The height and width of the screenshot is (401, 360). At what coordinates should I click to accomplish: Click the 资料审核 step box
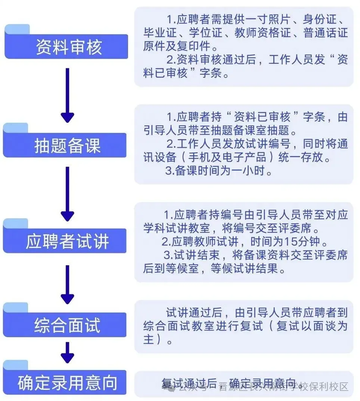pos(67,47)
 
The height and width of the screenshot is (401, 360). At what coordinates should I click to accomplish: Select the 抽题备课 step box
pos(67,145)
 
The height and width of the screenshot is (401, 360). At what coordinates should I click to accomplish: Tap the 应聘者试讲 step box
pos(67,242)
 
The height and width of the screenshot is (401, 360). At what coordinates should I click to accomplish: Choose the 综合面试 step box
pos(67,325)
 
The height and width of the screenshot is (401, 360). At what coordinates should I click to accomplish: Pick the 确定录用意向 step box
pos(67,383)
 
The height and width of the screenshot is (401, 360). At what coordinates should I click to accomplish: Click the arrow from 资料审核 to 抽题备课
pos(67,95)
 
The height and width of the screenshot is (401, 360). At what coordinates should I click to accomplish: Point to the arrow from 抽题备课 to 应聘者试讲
pos(67,193)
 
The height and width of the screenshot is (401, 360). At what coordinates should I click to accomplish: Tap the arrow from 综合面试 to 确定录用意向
pos(67,353)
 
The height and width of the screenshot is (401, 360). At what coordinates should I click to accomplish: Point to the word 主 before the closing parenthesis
pos(149,340)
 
